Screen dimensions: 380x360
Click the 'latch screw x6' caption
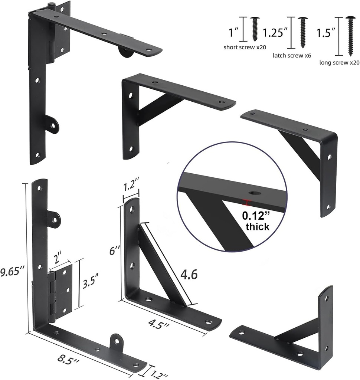pyautogui.click(x=292, y=55)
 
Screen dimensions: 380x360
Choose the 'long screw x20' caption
pyautogui.click(x=339, y=62)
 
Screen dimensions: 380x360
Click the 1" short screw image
pyautogui.click(x=255, y=29)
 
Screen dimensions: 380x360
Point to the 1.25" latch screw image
pyautogui.click(x=303, y=32)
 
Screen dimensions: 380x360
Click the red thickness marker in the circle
pyautogui.click(x=246, y=202)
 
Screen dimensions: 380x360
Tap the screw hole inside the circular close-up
pyautogui.click(x=255, y=193)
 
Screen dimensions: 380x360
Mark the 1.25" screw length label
pyautogui.click(x=275, y=33)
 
